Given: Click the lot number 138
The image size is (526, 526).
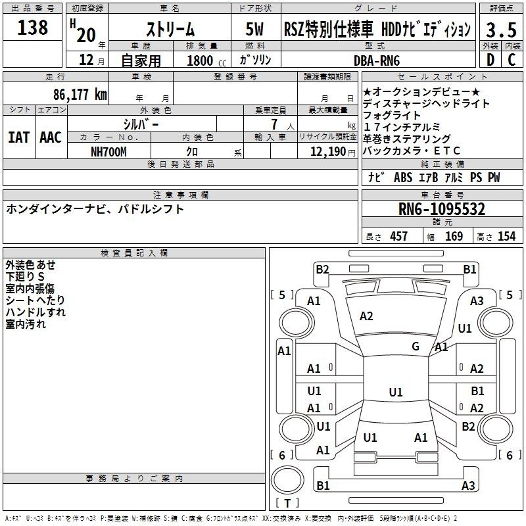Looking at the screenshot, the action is tap(32, 28).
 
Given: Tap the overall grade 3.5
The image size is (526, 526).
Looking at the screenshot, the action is tap(501, 30).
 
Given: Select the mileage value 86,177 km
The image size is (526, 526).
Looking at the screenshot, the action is tap(80, 95).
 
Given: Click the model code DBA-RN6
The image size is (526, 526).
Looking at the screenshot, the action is tap(377, 60).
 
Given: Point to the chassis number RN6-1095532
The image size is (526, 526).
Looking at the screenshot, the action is tap(441, 209).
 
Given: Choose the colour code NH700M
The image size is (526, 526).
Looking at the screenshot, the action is tap(108, 152).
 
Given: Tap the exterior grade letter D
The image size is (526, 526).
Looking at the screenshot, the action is tap(490, 60).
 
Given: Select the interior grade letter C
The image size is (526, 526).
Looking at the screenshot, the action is tap(512, 60).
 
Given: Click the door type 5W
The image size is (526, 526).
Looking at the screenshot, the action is tap(254, 29).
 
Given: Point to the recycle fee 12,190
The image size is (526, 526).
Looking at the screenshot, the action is tap(328, 152).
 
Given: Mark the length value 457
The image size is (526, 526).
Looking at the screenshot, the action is tap(399, 236).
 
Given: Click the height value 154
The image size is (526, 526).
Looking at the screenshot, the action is tap(506, 236).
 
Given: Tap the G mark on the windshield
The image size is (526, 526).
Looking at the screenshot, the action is tap(416, 346).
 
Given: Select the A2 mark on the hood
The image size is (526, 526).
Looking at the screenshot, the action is tap(366, 316).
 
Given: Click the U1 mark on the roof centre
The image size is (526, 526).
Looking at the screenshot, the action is tap(396, 392).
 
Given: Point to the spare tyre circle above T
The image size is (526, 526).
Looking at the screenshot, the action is tap(287, 480).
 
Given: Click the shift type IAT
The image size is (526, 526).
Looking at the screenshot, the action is tap(18, 137).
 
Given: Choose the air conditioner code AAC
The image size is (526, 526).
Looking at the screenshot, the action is tap(51, 137).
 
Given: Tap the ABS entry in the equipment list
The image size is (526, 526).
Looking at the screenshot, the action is tap(403, 178).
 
